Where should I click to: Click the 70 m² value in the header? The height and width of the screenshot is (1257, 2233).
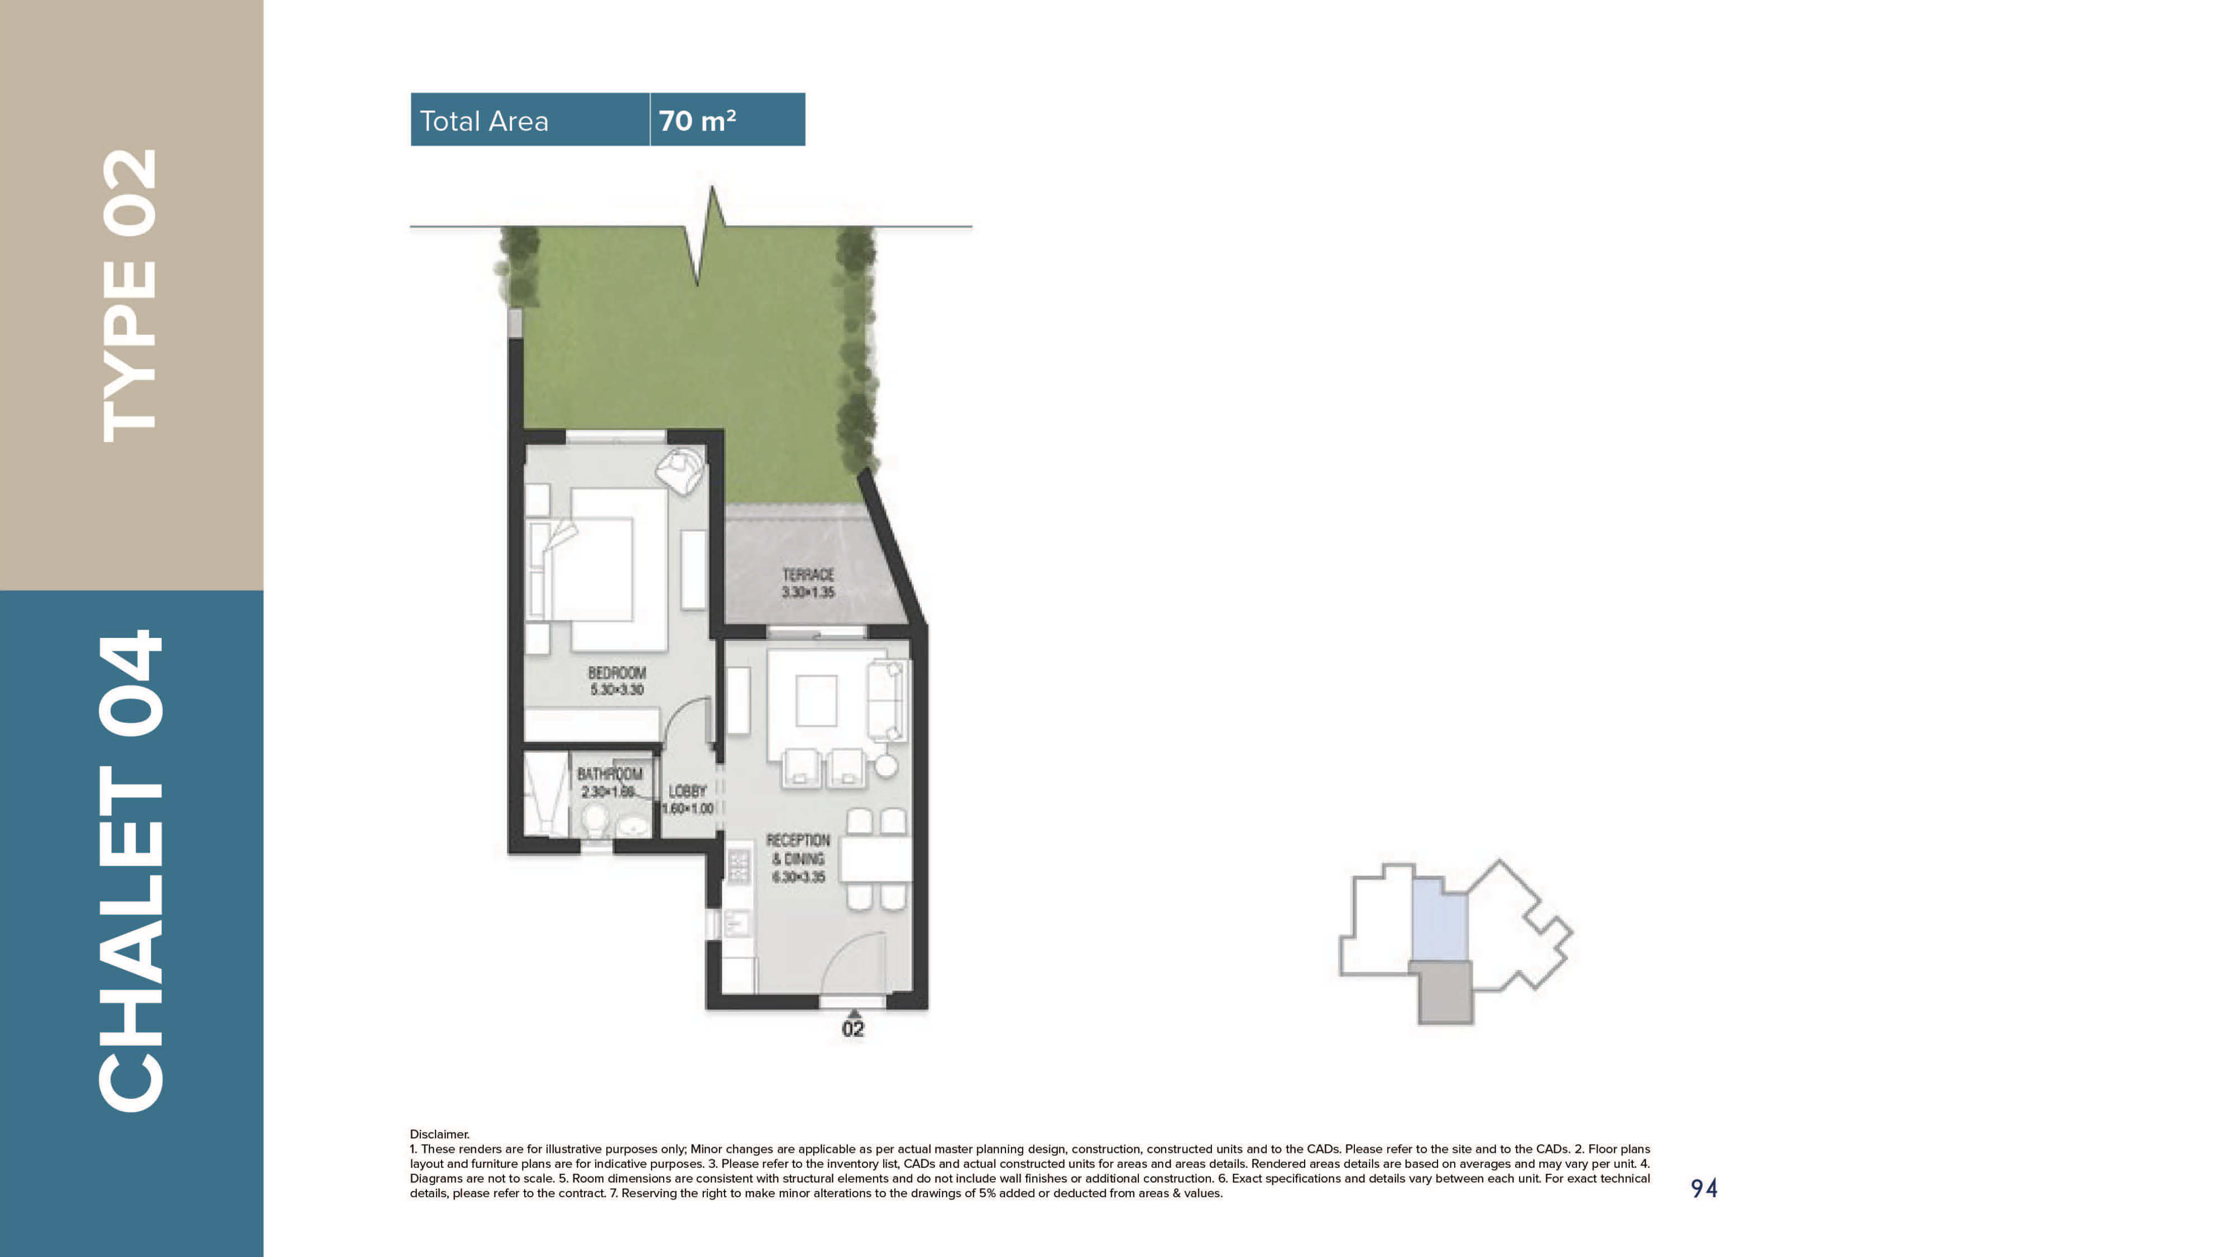point(697,121)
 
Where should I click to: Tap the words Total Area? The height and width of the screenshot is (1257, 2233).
point(483,121)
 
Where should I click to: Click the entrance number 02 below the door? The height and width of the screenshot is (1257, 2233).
point(853,1029)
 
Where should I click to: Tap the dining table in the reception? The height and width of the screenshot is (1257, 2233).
point(875,859)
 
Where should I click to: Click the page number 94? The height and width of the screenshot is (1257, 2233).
point(1703,1188)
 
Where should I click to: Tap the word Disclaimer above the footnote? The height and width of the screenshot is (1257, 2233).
point(439,1134)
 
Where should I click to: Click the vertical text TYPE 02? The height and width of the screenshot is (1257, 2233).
point(131,295)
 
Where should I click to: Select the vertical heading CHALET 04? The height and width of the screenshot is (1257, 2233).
point(131,871)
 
